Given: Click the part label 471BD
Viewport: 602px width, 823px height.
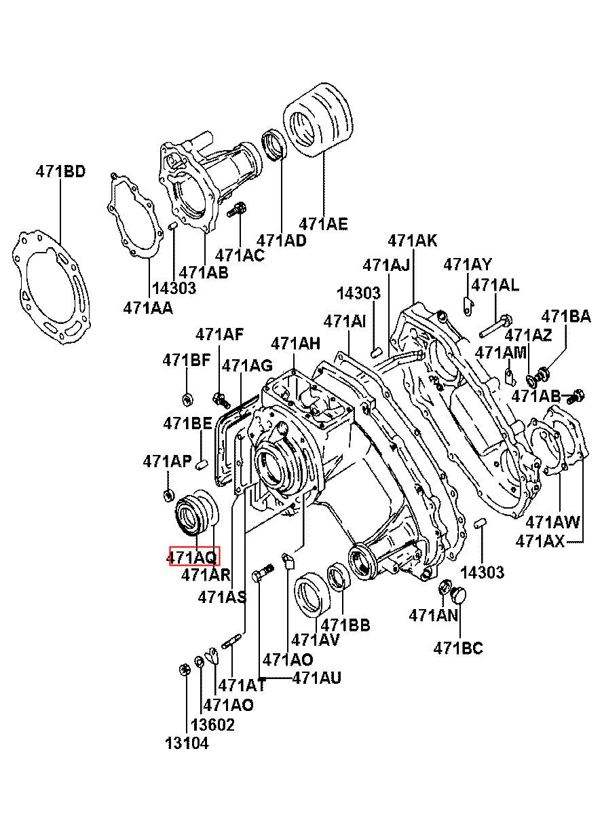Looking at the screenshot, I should point(61,171).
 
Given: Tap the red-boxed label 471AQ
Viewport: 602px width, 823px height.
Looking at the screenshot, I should point(193,557).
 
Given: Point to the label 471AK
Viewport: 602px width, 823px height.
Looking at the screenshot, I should point(413,240).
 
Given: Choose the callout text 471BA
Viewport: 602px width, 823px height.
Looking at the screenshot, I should point(565,316).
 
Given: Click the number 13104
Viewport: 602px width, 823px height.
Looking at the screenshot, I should point(187,743).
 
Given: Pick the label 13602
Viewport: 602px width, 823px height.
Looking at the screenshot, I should point(212,725).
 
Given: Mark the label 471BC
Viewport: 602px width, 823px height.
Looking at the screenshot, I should point(458,648).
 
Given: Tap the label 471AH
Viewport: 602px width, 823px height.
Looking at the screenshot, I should point(295,344).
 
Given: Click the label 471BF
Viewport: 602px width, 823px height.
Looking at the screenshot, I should point(187,361).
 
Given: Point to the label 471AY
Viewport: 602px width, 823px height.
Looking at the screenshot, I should point(468,264).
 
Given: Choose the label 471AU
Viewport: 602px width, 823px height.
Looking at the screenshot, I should point(317,677).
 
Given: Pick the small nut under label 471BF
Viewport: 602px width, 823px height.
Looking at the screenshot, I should point(189,397).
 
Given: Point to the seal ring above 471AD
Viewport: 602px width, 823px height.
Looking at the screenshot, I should point(274,145).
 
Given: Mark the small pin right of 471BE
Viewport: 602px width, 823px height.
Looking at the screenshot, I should point(201,464).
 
